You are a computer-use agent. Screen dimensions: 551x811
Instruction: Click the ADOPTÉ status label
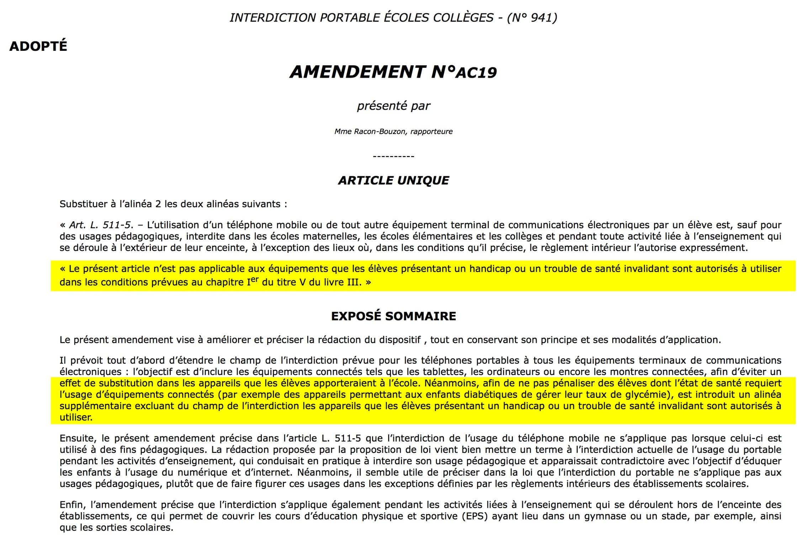click(38, 47)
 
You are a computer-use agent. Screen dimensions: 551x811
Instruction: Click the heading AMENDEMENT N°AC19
click(393, 72)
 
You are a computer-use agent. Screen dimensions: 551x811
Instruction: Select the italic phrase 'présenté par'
click(393, 106)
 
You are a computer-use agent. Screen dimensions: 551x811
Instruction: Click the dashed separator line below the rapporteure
click(393, 156)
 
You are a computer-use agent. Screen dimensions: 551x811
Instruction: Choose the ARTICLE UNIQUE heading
click(393, 181)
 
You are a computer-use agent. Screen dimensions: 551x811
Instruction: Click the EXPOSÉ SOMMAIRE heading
click(393, 316)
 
